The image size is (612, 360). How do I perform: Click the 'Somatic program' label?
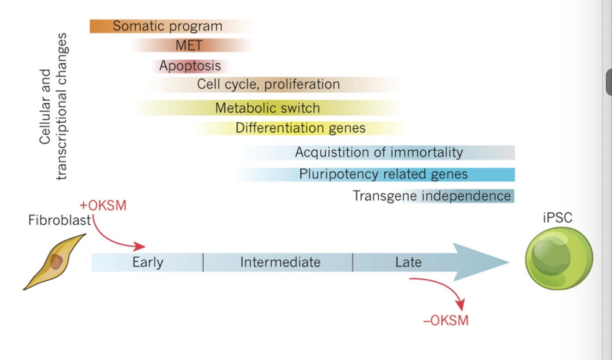click(167, 26)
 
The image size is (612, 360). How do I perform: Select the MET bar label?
click(189, 45)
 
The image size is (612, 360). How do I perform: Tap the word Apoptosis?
click(189, 65)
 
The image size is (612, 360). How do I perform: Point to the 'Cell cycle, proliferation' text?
click(269, 84)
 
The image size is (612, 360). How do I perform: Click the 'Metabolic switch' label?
click(267, 108)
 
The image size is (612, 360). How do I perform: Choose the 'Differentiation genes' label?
click(300, 128)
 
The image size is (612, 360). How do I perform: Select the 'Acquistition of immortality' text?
click(379, 152)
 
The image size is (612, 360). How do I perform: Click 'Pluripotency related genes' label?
click(383, 174)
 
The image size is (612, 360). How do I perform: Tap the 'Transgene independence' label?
click(432, 196)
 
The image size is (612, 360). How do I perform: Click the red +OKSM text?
click(103, 206)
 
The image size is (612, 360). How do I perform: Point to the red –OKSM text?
click(445, 321)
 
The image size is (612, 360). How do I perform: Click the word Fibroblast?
click(60, 220)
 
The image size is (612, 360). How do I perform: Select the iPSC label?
click(557, 218)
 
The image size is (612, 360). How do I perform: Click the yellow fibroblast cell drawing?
click(55, 261)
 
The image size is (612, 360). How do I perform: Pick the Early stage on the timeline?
click(148, 262)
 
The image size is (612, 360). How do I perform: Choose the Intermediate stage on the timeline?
click(280, 262)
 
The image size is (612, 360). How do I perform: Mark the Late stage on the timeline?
click(408, 262)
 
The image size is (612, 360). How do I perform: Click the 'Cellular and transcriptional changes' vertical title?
click(52, 107)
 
